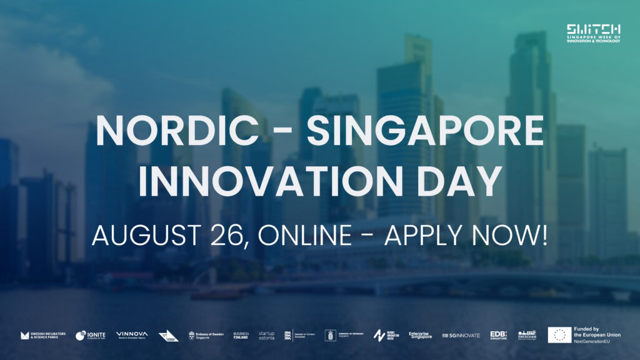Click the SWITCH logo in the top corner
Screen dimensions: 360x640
tap(593, 33)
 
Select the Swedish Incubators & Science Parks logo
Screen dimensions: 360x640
tap(43, 336)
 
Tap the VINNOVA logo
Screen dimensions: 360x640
tap(131, 335)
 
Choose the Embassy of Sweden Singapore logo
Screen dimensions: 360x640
tap(207, 336)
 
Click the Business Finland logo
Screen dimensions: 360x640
tap(241, 336)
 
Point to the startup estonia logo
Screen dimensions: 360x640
tap(266, 336)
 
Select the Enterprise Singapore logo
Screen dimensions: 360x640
tap(420, 336)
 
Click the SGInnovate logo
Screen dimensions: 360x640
tap(461, 336)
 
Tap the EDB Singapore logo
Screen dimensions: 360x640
tap(498, 336)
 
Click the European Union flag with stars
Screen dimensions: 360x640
tap(559, 335)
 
